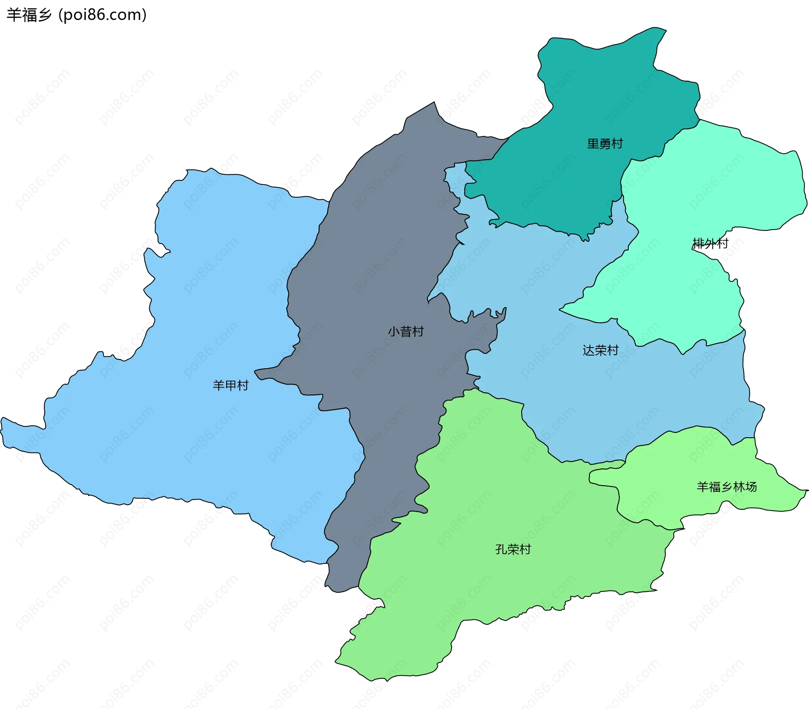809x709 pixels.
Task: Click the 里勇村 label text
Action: (x=605, y=144)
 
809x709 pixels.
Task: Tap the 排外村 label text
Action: (x=710, y=243)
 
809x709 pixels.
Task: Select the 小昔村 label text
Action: (x=405, y=332)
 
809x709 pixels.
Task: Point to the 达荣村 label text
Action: (x=600, y=350)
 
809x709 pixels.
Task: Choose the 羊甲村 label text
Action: (x=230, y=385)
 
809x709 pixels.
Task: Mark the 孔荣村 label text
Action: (x=513, y=549)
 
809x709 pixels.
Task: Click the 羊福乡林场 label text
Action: (x=727, y=487)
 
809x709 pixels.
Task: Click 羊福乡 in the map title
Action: (x=29, y=15)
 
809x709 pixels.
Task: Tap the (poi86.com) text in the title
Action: (x=103, y=15)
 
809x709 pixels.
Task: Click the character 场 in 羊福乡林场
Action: (x=751, y=487)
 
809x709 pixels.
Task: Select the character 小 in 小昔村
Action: (x=394, y=332)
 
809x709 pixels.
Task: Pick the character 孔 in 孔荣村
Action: (x=501, y=549)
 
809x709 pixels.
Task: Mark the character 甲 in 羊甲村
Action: (x=230, y=385)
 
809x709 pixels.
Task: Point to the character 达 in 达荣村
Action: (x=589, y=350)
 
